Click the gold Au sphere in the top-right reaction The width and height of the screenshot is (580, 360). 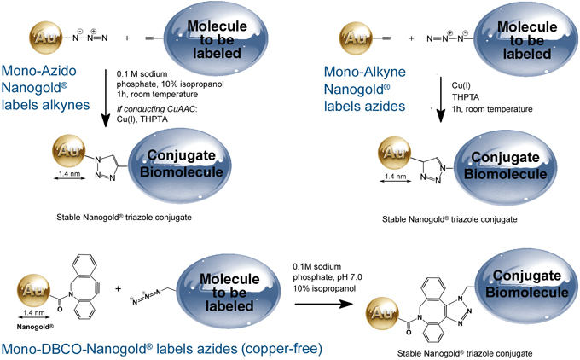(x=356, y=38)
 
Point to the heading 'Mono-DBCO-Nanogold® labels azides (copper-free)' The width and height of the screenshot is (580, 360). (x=161, y=348)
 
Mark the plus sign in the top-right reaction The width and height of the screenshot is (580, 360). (x=411, y=39)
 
